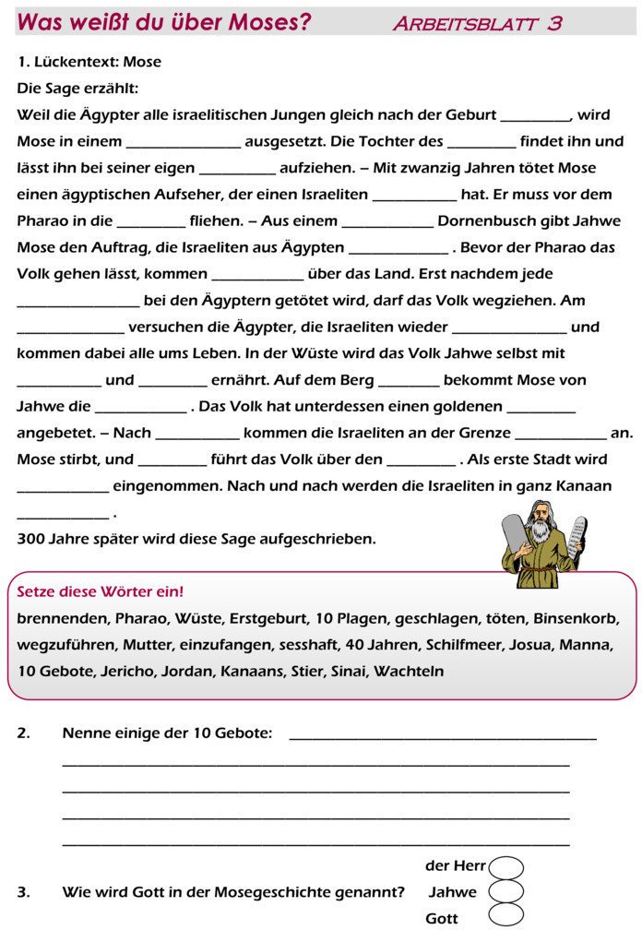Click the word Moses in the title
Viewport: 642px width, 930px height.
tap(268, 22)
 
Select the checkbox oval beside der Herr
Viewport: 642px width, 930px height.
tap(506, 867)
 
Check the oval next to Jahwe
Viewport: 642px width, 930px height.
tap(506, 892)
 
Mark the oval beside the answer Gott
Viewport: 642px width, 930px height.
tap(506, 916)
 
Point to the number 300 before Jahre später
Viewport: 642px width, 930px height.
tap(30, 539)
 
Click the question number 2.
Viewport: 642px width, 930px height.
tap(23, 733)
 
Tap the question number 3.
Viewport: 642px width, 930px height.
tap(23, 892)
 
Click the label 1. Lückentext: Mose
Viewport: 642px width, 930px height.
tap(89, 62)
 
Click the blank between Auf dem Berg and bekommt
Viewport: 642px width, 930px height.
tap(409, 381)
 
